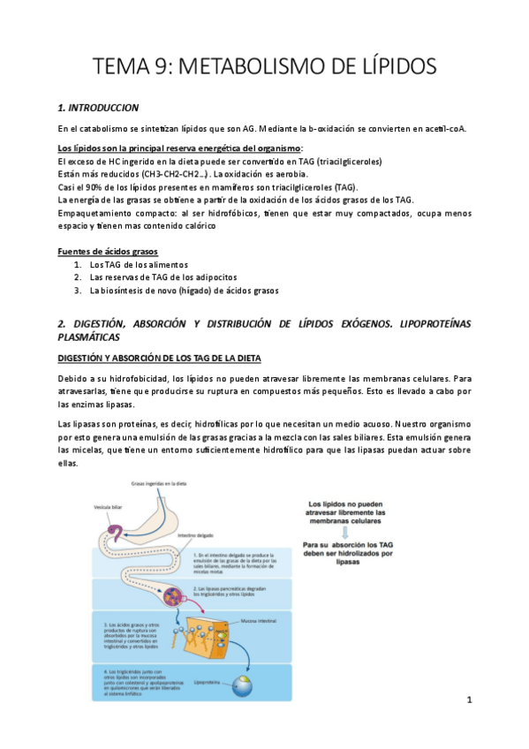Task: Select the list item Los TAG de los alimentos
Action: point(139,265)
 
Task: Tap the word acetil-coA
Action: point(438,129)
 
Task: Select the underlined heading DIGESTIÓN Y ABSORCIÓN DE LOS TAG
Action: point(165,358)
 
